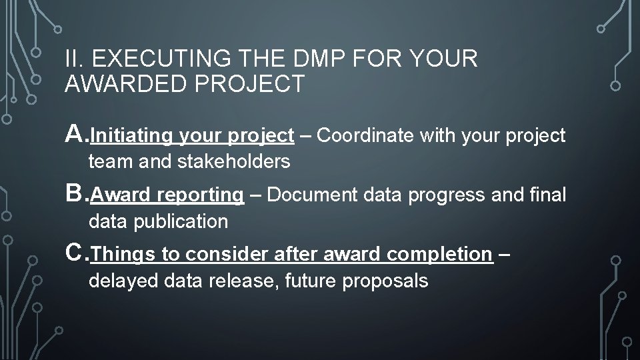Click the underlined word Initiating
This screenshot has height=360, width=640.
[x=131, y=136]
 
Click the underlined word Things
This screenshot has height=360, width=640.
[x=115, y=254]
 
